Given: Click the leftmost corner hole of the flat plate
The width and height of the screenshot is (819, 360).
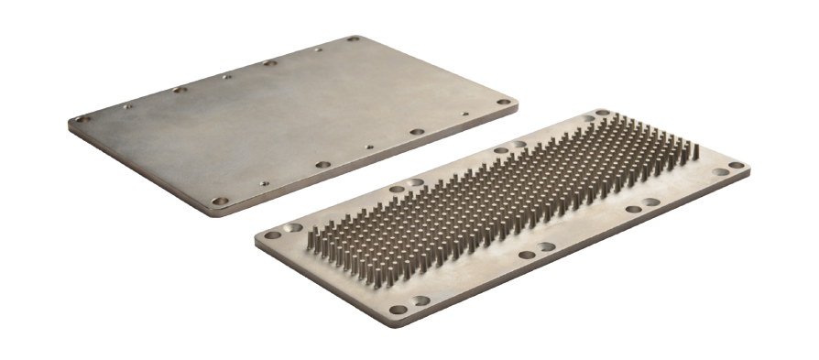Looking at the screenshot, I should (x=82, y=119).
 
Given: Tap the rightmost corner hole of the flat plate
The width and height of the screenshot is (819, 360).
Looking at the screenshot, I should (x=503, y=103).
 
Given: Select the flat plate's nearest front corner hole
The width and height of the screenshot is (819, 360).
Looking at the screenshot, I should (x=219, y=200).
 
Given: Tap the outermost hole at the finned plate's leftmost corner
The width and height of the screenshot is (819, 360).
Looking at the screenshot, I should (x=271, y=234).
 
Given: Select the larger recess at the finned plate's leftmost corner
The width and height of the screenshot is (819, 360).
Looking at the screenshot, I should (x=294, y=225).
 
